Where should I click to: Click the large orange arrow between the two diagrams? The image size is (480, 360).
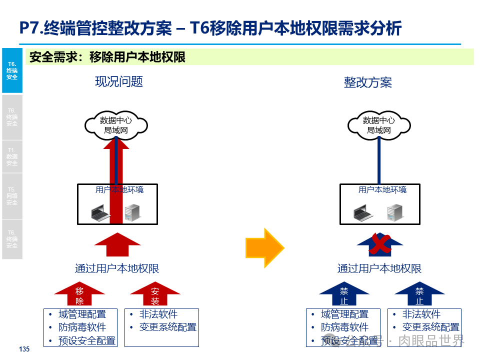pos(264,248)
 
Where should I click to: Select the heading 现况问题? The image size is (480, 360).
pos(119,81)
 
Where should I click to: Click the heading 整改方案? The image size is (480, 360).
pos(367,82)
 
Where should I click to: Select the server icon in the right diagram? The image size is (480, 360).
pos(395,213)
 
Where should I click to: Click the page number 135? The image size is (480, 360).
pos(24,349)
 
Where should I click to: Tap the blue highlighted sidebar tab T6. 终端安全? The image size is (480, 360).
pos(12,70)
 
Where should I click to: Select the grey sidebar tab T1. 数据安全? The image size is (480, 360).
pos(12,156)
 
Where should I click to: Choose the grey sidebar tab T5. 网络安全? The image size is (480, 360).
pos(12,196)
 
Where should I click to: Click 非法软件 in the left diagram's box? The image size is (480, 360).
pos(158,314)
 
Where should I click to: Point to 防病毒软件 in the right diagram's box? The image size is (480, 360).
pos(344,327)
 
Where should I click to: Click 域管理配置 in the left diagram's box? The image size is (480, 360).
pos(82,314)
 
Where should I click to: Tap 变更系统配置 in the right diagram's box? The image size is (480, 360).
pos(430,327)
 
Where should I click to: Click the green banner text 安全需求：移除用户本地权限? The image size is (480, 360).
pos(107,57)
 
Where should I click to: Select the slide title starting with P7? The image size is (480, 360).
pos(210,28)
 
